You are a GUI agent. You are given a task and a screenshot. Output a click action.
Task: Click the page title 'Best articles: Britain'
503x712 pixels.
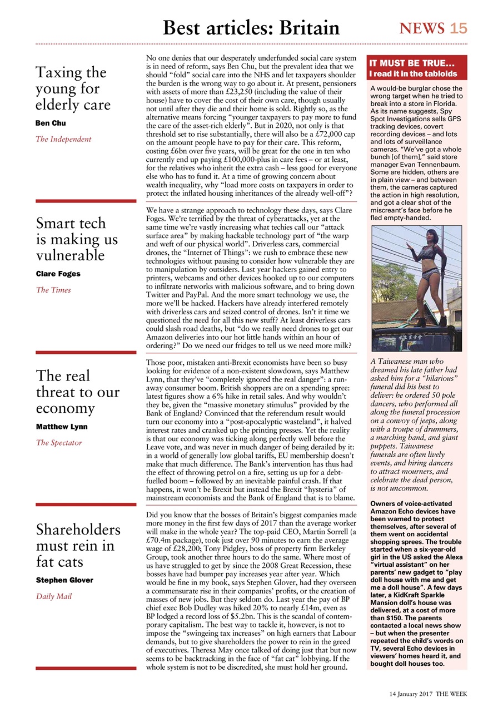[251, 27]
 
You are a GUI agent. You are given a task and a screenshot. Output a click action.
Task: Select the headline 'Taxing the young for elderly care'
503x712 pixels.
[73, 88]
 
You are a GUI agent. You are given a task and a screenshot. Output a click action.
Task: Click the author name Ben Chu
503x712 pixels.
[51, 123]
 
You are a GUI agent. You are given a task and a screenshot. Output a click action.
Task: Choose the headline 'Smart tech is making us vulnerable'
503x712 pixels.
[77, 239]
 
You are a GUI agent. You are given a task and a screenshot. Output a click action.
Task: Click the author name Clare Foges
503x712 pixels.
[58, 274]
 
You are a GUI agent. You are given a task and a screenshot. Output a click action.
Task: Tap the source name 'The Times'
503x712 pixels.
[53, 290]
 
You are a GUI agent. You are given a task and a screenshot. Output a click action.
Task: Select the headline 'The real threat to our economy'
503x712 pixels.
[77, 392]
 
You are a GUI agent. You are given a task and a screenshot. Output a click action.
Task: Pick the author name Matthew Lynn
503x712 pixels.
[62, 427]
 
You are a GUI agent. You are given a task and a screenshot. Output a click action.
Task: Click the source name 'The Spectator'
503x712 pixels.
[59, 443]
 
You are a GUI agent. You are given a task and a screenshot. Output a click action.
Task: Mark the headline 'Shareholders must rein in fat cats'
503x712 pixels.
[78, 546]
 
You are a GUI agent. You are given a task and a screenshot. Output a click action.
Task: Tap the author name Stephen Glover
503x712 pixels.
[64, 580]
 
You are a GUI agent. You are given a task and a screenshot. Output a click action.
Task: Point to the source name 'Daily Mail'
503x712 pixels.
[54, 596]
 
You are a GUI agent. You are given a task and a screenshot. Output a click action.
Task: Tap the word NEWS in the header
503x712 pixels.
[422, 28]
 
